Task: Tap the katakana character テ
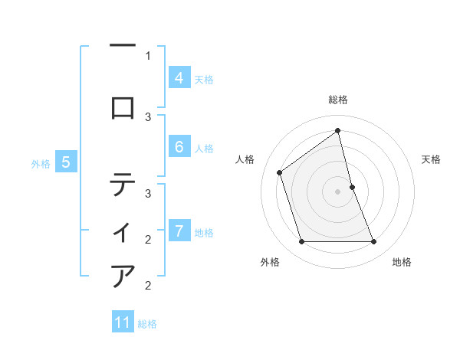click(123, 185)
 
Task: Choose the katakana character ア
click(123, 276)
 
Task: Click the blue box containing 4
click(179, 78)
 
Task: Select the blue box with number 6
click(179, 147)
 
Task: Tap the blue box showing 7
click(179, 231)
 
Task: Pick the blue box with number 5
click(66, 162)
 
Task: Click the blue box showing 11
click(123, 322)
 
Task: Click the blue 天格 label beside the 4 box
click(204, 79)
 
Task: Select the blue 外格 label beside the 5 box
click(41, 163)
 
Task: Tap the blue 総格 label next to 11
click(147, 323)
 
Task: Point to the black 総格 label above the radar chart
click(338, 100)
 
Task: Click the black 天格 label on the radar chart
click(432, 159)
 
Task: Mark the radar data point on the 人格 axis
click(280, 172)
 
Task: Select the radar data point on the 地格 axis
click(374, 242)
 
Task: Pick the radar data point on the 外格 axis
click(301, 242)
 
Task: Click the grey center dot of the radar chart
click(338, 191)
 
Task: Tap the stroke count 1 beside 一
click(148, 55)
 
